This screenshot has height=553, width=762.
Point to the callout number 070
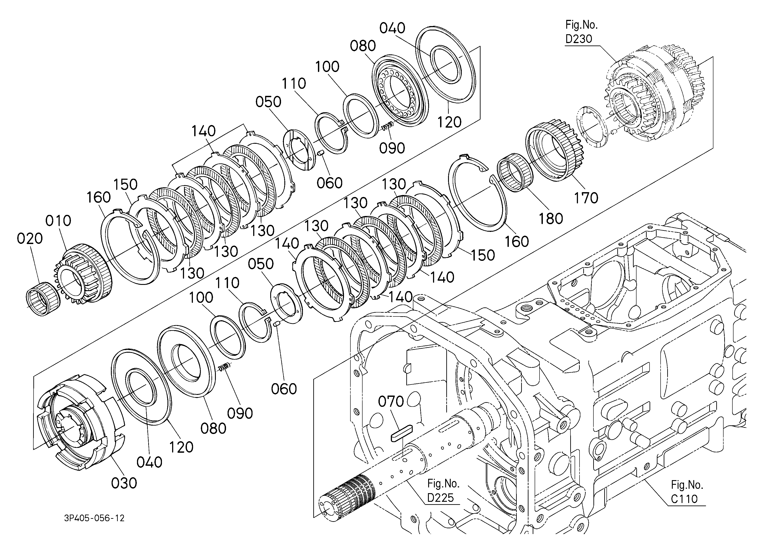391,401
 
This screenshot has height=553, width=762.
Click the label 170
586,198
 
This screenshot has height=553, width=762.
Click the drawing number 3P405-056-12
94,518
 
